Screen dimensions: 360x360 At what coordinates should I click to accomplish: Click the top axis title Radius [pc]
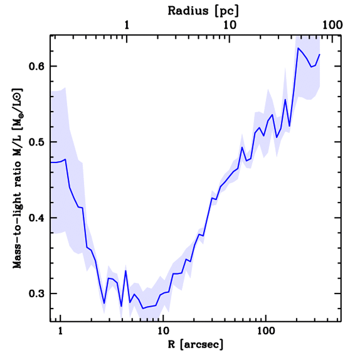203,11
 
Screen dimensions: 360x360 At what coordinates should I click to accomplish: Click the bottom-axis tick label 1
61,332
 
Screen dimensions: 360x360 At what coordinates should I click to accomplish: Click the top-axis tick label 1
127,25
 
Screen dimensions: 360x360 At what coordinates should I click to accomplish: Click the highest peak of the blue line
298,48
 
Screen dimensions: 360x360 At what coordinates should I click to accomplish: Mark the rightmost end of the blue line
320,54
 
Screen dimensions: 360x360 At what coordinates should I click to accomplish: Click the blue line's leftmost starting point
51,162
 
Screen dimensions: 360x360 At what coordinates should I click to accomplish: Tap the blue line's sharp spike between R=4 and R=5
126,271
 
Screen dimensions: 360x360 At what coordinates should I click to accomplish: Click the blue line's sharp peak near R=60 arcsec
242,147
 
